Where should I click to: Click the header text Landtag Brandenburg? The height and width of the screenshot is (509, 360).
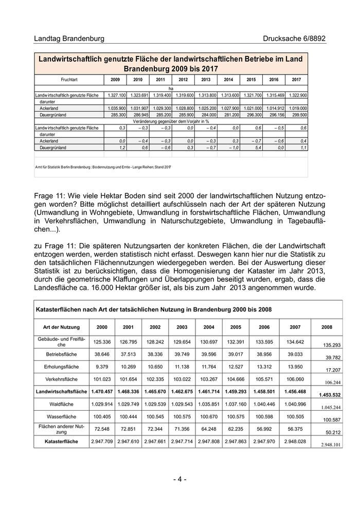[69, 39]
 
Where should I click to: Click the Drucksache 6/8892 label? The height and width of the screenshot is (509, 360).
[294, 39]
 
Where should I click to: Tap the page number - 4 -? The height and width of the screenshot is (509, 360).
[179, 479]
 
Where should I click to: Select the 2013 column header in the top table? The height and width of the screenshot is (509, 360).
[206, 80]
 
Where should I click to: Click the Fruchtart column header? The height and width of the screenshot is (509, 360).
[69, 80]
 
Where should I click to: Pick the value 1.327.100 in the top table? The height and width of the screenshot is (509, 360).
[116, 95]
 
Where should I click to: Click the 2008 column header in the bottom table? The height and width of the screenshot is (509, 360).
[327, 327]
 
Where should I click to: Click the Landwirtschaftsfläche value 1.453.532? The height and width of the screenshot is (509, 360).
[326, 395]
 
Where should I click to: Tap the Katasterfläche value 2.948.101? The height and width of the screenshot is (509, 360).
[326, 444]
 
